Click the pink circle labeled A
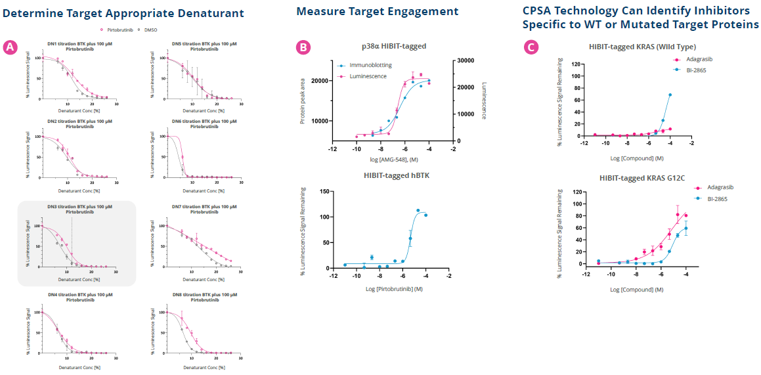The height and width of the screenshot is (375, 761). point(9,47)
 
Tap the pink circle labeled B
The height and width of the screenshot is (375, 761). point(303,47)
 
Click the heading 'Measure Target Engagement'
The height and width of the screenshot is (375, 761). point(377,11)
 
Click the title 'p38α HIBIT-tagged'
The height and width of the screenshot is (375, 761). point(394,46)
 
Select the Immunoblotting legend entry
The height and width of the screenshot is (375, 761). point(365,66)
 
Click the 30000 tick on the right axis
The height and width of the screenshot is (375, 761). point(467,60)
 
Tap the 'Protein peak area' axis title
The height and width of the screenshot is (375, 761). point(303,100)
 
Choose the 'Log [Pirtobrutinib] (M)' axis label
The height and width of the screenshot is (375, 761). point(394,288)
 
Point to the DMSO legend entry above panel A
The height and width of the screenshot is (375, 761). point(155,30)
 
